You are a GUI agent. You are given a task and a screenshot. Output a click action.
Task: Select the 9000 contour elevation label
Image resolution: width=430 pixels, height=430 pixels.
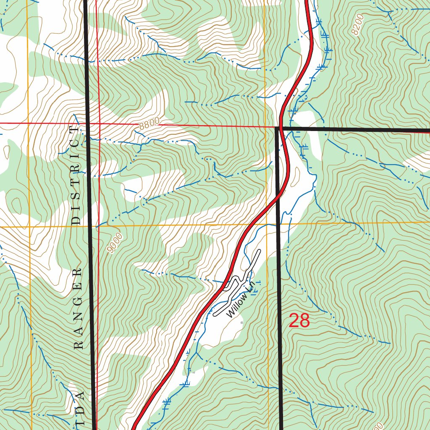point(115,243)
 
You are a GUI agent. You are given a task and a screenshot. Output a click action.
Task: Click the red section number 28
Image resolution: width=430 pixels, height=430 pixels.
point(299,321)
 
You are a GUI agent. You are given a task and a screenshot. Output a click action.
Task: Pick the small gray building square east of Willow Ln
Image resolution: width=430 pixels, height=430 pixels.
point(241,322)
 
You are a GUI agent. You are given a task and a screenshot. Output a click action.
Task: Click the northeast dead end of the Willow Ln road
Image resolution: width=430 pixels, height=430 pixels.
point(259,251)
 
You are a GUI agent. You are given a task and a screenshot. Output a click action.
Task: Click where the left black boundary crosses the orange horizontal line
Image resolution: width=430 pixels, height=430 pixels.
point(90,226)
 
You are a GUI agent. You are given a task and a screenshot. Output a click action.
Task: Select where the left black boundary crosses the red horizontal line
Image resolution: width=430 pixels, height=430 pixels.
point(87,123)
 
